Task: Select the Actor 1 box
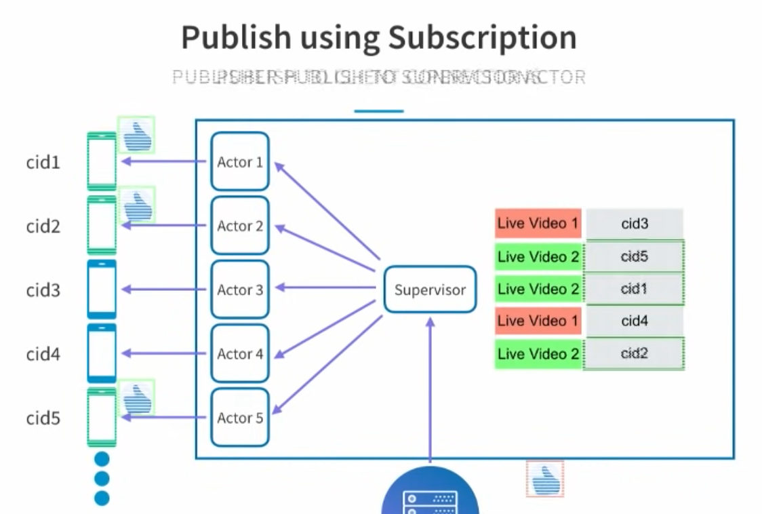pyautogui.click(x=240, y=161)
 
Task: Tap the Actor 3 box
pyautogui.click(x=240, y=290)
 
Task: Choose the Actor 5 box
pyautogui.click(x=240, y=418)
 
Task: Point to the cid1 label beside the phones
pyautogui.click(x=43, y=163)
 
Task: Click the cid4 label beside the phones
pyautogui.click(x=43, y=354)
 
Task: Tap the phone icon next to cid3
pyautogui.click(x=102, y=290)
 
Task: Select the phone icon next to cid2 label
pyautogui.click(x=102, y=225)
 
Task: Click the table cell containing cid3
pyautogui.click(x=634, y=223)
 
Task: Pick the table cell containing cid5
pyautogui.click(x=634, y=256)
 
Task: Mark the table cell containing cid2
pyautogui.click(x=634, y=353)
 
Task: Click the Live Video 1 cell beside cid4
pyautogui.click(x=538, y=321)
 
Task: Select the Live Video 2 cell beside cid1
pyautogui.click(x=538, y=289)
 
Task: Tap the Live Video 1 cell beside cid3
pyautogui.click(x=538, y=223)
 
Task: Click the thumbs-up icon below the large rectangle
pyautogui.click(x=544, y=479)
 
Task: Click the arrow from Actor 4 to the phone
pyautogui.click(x=163, y=353)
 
